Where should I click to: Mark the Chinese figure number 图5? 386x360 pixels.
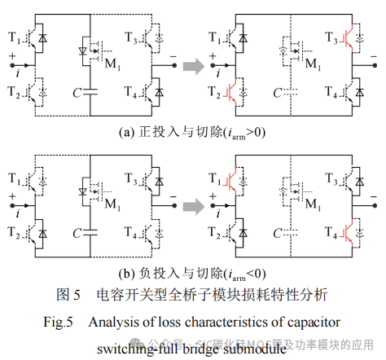coord(68,294)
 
